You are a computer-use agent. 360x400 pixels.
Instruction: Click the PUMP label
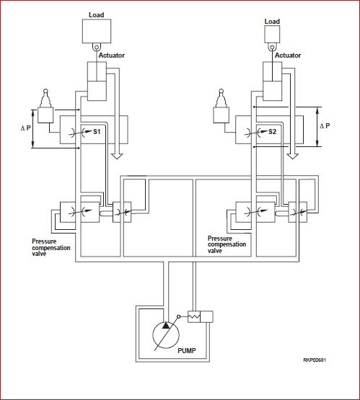(187, 350)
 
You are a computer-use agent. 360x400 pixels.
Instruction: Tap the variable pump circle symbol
(166, 335)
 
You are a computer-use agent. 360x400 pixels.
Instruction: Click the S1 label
(97, 132)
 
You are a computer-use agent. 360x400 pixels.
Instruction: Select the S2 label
(272, 132)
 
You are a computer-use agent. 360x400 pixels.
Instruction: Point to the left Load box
(97, 31)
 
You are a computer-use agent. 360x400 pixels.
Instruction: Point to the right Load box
(272, 34)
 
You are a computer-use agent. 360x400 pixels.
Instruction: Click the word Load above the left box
(96, 15)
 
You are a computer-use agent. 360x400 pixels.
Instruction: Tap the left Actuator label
(112, 55)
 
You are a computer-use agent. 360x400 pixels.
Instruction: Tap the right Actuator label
(288, 55)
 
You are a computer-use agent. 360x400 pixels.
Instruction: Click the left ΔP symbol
(25, 128)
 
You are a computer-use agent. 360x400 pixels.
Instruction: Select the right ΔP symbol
(325, 125)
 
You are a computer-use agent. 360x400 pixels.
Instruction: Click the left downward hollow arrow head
(118, 156)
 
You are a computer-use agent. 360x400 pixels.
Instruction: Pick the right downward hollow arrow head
(293, 156)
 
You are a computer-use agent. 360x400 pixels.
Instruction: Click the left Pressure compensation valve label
(51, 247)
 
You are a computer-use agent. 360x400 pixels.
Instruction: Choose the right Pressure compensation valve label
(227, 244)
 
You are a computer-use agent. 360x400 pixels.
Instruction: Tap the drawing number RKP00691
(315, 360)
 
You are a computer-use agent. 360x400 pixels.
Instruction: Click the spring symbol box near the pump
(194, 317)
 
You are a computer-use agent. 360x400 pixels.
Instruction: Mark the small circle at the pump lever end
(179, 316)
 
